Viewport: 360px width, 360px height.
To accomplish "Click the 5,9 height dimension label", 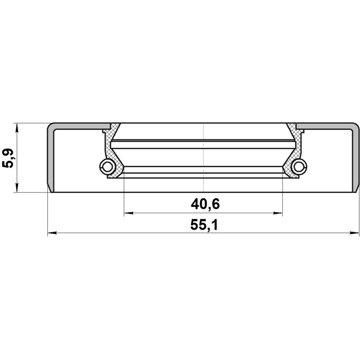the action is click(8, 158).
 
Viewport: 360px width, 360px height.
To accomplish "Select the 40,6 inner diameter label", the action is click(205, 204).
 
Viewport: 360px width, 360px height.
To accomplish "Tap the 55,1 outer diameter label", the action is click(204, 225).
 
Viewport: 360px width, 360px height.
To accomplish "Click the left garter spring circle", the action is click(107, 166).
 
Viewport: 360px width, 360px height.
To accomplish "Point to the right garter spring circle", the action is click(299, 166).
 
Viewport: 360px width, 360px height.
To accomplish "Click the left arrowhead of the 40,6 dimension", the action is click(129, 213).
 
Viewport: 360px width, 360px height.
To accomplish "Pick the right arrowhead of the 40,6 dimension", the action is click(278, 213).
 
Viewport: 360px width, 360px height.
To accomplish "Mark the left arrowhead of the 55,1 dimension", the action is click(52, 233).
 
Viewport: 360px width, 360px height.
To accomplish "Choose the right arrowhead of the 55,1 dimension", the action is click(354, 233).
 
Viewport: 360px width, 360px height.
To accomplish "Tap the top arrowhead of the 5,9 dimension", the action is click(17, 128).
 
